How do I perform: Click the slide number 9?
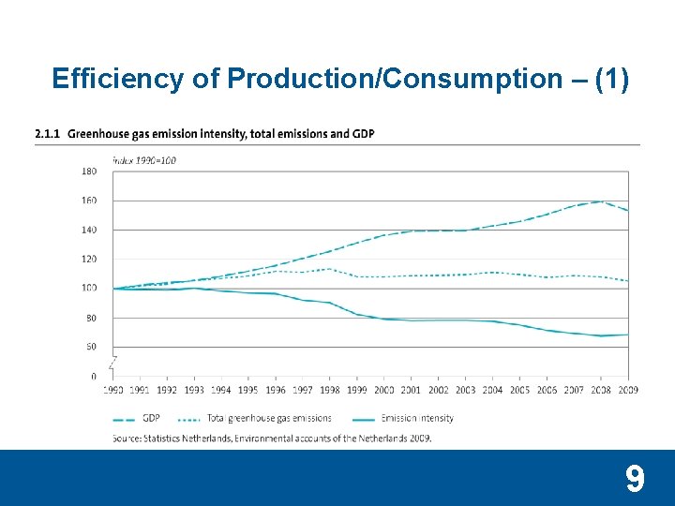(x=635, y=480)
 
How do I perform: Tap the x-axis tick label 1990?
(x=112, y=390)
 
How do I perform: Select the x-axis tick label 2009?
(x=627, y=390)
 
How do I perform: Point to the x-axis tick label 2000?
(x=384, y=390)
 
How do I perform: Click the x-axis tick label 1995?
(x=248, y=390)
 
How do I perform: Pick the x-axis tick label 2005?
(x=519, y=390)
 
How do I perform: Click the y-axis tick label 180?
(x=89, y=171)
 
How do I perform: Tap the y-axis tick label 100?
(x=89, y=289)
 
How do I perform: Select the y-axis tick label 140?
(x=89, y=230)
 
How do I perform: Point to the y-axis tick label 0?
(x=93, y=377)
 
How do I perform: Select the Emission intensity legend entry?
(x=417, y=418)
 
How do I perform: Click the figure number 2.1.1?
(x=47, y=134)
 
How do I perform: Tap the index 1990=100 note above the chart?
(x=144, y=160)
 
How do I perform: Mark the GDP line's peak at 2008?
(x=601, y=201)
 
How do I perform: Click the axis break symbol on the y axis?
(x=113, y=362)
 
